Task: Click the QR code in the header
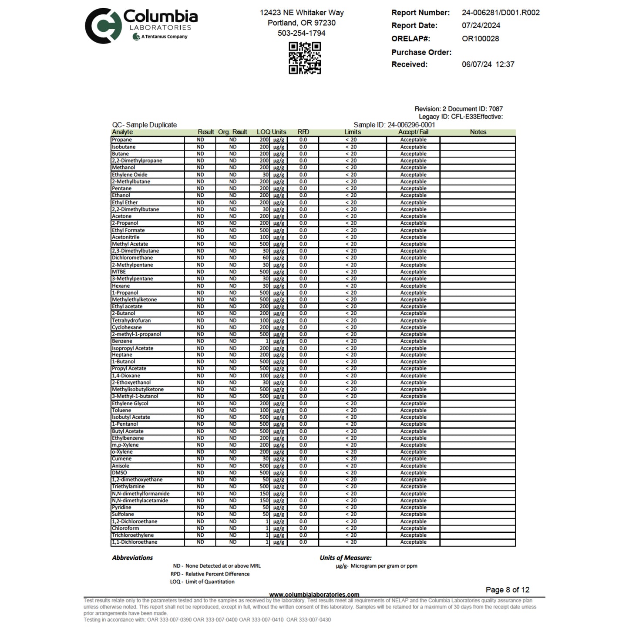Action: tap(305, 58)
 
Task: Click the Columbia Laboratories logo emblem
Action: tap(102, 26)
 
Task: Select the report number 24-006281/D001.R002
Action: tap(501, 13)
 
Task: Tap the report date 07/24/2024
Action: tap(481, 25)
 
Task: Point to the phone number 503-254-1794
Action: tap(301, 33)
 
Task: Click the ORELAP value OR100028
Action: tap(480, 38)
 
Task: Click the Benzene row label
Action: tap(122, 341)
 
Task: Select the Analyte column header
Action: tap(122, 132)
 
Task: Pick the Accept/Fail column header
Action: tap(413, 132)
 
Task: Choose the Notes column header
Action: tap(478, 132)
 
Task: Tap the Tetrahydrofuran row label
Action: tap(131, 320)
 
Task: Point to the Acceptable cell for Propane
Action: tap(413, 140)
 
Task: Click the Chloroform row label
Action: tap(125, 528)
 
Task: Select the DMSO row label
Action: tap(119, 473)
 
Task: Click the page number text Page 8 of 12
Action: tap(508, 590)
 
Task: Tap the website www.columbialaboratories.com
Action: tap(314, 595)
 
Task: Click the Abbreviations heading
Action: tap(132, 558)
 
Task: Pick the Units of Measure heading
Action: tap(346, 558)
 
